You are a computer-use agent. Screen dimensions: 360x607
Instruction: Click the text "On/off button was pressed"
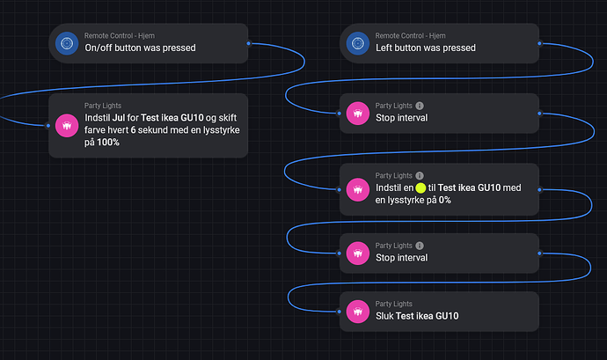point(140,48)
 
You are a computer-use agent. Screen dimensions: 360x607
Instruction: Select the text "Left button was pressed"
point(425,48)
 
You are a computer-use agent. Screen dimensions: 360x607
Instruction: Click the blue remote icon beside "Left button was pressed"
point(357,42)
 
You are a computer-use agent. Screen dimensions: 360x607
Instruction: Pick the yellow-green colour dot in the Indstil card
point(421,188)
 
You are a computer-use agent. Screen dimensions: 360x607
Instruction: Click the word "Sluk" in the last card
point(385,316)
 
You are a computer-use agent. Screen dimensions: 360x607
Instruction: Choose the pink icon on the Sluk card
point(357,310)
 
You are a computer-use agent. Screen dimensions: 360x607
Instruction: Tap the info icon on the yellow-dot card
point(419,176)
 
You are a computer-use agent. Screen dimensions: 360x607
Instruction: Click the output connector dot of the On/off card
point(249,42)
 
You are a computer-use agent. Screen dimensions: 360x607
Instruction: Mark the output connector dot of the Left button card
point(539,42)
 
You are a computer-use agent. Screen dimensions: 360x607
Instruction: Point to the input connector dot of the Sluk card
point(340,310)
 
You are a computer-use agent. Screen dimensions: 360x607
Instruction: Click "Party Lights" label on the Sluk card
point(394,304)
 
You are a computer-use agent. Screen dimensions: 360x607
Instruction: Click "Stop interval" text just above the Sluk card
point(401,258)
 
